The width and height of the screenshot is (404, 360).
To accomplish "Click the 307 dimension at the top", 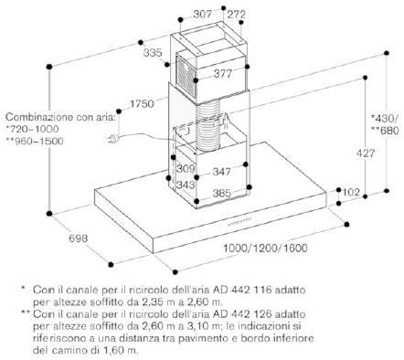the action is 203,14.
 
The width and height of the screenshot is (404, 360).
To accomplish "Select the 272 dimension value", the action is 236,14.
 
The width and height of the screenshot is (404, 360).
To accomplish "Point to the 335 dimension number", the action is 153,53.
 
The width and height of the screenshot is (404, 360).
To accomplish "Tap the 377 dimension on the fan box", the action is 223,73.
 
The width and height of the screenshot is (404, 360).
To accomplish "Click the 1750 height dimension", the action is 143,104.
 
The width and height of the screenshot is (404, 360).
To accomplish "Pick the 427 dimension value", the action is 366,154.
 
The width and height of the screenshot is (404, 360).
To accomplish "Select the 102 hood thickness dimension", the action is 351,192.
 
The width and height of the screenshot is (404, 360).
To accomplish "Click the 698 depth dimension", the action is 78,238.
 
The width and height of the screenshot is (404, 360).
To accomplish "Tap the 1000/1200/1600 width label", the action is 265,248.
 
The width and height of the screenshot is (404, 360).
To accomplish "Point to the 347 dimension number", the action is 221,172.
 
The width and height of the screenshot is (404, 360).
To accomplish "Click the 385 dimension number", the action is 222,193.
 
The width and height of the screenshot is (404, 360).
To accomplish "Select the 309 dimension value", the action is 186,168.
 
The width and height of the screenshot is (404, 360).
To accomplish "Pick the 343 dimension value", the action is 186,185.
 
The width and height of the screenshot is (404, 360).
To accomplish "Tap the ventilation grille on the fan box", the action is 186,76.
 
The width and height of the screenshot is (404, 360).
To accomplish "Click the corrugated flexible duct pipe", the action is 207,125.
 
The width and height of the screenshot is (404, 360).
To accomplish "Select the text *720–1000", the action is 32,129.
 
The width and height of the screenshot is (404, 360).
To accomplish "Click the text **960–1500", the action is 35,141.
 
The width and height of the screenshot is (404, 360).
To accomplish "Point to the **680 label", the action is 385,131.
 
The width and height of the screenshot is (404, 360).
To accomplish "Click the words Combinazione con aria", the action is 60,117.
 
